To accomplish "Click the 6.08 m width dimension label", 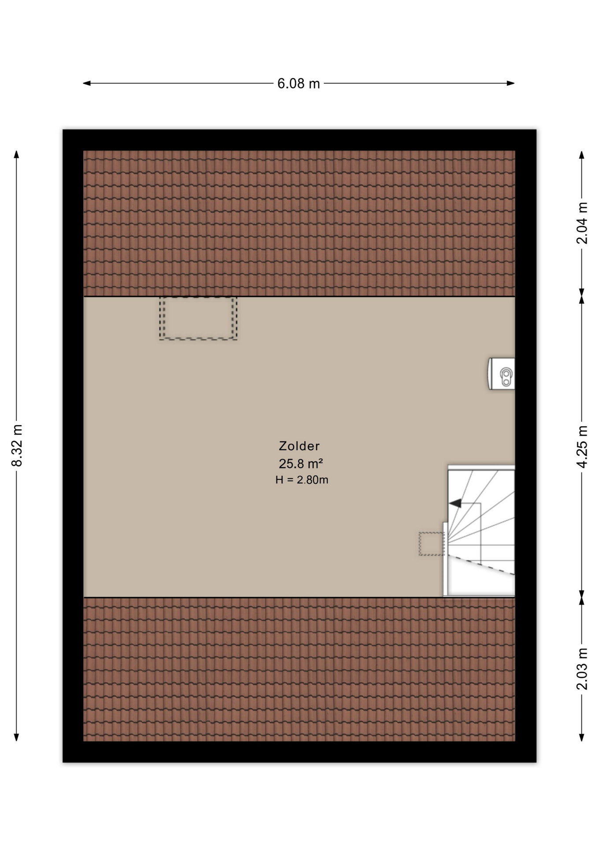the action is click(x=299, y=83).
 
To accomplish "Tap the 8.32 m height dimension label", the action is click(x=17, y=445).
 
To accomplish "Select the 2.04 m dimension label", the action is click(x=582, y=223).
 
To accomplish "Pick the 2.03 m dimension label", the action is click(x=582, y=669).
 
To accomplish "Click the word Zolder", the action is click(x=299, y=446).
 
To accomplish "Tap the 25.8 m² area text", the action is click(x=301, y=464).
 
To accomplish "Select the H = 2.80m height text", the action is click(x=302, y=480).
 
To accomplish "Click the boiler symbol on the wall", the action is click(x=502, y=374).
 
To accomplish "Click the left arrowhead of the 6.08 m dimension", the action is click(x=87, y=83).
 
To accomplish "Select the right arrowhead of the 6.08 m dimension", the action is click(x=511, y=83).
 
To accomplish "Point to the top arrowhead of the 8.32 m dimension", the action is click(x=16, y=154).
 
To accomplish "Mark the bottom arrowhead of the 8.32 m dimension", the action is click(x=16, y=737).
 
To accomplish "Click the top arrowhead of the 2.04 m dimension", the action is click(x=582, y=155).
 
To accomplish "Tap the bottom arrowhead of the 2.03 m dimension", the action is click(x=582, y=737).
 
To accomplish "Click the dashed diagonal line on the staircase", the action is click(x=482, y=565).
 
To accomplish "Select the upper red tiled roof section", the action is click(x=299, y=223).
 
